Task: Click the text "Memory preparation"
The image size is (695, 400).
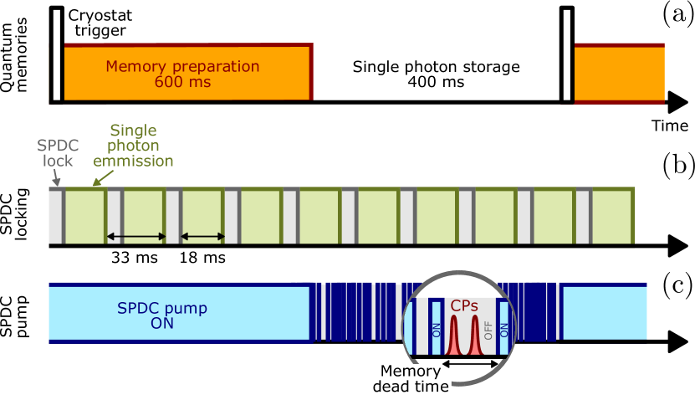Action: tap(182, 67)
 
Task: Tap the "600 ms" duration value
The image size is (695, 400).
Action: tap(182, 82)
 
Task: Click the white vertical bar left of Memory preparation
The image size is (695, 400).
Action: tap(57, 55)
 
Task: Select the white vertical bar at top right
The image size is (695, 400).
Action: tap(567, 55)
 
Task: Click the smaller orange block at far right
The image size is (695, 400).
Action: tap(619, 74)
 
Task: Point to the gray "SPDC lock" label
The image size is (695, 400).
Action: tap(59, 153)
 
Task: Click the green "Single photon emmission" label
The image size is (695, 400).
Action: tap(133, 146)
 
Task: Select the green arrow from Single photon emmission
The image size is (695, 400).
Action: tap(98, 179)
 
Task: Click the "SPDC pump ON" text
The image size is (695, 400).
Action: tap(161, 315)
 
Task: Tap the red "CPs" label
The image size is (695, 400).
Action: tap(464, 307)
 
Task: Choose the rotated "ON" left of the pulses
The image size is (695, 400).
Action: tap(436, 330)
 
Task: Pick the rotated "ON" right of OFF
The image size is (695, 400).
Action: tap(503, 330)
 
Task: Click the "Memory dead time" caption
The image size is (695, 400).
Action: tap(410, 379)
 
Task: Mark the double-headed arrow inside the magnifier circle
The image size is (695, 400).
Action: tap(471, 363)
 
